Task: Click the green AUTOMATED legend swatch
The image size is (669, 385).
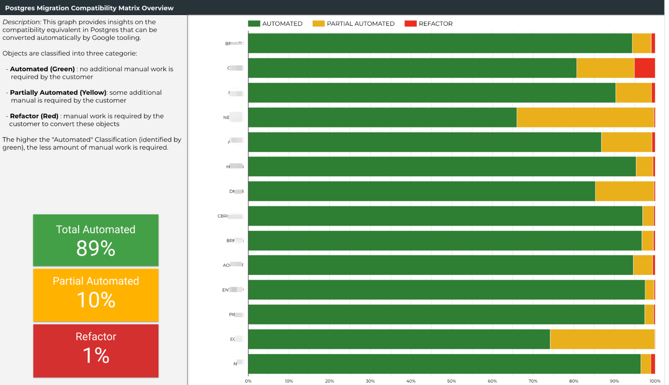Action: (254, 24)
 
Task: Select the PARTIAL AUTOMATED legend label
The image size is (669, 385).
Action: (360, 24)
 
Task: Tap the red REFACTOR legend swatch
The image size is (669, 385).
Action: (410, 24)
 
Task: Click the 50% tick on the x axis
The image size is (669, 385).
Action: (451, 381)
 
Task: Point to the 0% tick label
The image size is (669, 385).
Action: (248, 381)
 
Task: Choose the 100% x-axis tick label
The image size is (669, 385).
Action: (654, 381)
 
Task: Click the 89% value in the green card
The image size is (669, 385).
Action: (96, 248)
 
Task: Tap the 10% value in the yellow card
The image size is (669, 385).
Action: (96, 300)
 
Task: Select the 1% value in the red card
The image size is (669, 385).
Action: (96, 355)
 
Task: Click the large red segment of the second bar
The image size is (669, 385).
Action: (644, 68)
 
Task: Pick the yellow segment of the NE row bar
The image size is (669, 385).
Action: (585, 117)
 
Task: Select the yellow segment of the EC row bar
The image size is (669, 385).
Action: (602, 339)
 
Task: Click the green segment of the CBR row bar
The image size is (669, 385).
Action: (445, 216)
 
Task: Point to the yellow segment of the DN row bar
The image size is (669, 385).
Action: (624, 191)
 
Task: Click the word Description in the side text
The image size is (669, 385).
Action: (22, 22)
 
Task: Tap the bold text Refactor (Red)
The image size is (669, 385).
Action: (34, 116)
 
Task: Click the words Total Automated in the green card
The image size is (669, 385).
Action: (96, 229)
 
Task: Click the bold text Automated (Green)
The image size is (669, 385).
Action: (42, 69)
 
